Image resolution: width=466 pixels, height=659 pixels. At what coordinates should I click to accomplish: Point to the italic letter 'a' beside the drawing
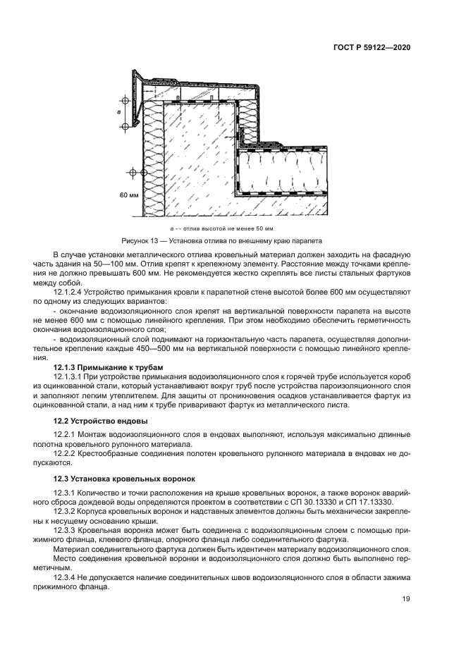(119, 111)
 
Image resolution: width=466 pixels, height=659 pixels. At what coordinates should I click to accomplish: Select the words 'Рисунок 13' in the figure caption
(140, 240)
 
